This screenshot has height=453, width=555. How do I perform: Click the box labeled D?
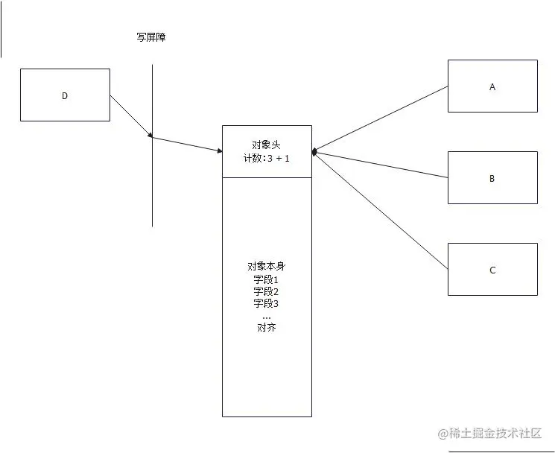point(65,95)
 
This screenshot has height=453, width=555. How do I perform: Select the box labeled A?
point(492,86)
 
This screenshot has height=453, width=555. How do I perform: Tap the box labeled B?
point(492,178)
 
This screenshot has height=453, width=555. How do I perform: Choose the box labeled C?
point(492,270)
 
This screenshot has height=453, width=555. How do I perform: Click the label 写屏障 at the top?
point(151,37)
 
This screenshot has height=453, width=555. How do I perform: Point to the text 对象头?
point(267,145)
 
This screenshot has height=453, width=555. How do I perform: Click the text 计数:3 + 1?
point(267,158)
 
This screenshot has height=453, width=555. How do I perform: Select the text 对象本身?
point(266,267)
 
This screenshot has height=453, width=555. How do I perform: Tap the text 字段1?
point(266,279)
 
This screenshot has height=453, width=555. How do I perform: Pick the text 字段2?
point(266,291)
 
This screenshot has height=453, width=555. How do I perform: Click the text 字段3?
point(266,303)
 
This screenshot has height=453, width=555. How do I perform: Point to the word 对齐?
point(266,327)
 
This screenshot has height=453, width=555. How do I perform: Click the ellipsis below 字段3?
point(266,316)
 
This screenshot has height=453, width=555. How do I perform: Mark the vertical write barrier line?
point(153,186)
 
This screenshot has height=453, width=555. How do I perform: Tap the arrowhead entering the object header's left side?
point(219,151)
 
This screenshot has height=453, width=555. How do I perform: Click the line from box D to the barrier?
point(131,115)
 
